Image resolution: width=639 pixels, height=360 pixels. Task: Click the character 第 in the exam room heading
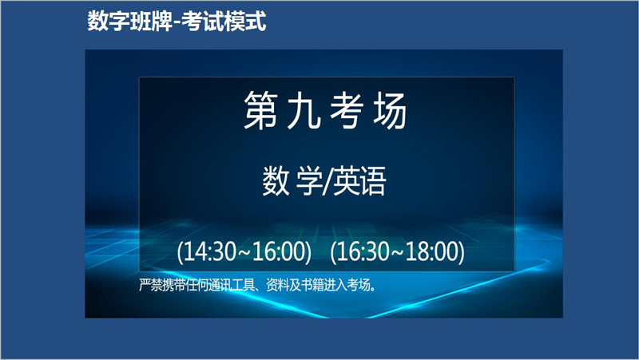click(261, 110)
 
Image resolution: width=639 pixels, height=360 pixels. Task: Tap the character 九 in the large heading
click(304, 110)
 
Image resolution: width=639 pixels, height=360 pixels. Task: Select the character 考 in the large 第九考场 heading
click(347, 110)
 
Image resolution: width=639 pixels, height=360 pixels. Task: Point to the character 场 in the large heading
click(390, 110)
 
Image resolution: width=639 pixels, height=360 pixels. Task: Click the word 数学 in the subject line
click(290, 180)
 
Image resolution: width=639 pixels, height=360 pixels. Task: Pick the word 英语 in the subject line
click(359, 180)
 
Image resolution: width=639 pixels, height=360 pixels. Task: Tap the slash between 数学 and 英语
click(326, 181)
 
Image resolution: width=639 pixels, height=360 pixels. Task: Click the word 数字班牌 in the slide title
click(130, 22)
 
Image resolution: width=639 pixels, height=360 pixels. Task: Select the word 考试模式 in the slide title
click(224, 22)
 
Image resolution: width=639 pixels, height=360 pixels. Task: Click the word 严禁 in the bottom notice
click(151, 285)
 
